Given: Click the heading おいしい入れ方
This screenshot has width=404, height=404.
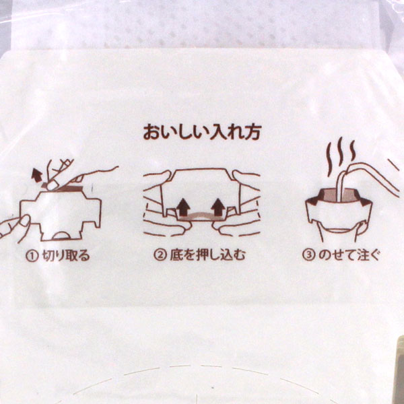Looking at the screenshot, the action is pos(202,133).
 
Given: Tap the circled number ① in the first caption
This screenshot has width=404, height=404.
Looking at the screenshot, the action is pos(32,256).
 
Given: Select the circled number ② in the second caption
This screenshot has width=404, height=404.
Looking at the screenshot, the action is pos(160,255).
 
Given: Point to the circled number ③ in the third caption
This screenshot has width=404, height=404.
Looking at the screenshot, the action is pos(308,255).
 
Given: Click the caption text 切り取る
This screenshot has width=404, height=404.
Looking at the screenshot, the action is pos(66,256).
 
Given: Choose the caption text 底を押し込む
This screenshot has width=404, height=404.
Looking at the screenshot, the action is pos(207,255).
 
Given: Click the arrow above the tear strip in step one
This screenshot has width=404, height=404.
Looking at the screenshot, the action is pos(37,175).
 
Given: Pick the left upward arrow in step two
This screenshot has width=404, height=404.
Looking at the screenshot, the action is pos(184,207).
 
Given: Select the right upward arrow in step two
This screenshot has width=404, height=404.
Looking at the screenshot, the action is pos(218,207).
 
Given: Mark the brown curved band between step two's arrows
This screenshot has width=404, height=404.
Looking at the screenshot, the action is pos(201,215).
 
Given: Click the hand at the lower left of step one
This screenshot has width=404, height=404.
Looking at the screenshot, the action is pos(14,228).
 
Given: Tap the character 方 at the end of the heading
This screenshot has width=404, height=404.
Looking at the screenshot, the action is pos(252,133).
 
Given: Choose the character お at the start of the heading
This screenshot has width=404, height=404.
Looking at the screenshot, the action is pos(151,133).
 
